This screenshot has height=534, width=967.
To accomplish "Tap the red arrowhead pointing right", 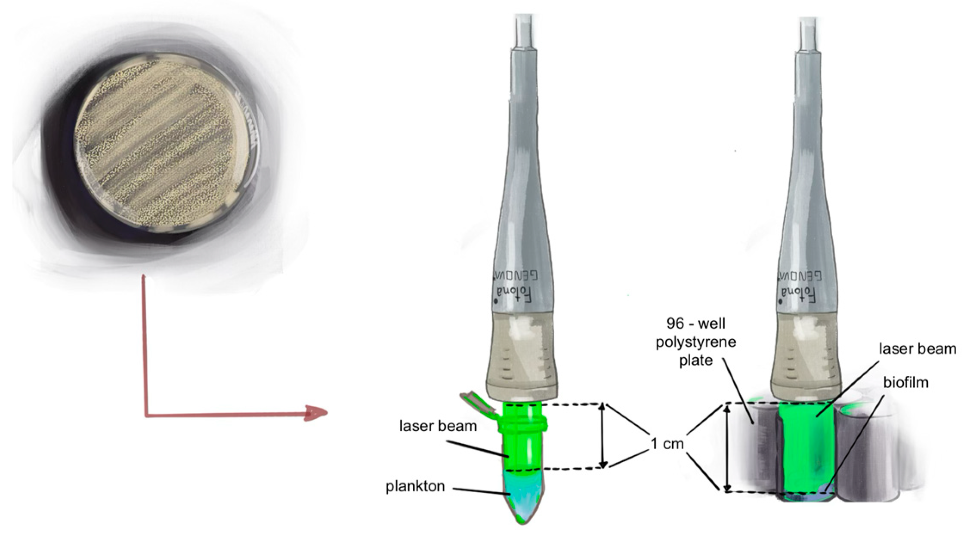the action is (316, 413).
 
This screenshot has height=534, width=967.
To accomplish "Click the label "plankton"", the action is (415, 486).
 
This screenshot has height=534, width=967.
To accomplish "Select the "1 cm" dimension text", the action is (667, 443).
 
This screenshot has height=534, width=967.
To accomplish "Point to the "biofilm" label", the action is (905, 382).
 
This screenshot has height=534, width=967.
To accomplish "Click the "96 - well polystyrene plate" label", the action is (695, 342).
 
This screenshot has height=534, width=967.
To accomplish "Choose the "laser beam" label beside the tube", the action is (438, 426).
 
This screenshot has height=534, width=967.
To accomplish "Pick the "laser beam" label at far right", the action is (917, 348).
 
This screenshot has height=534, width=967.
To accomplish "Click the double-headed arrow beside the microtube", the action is (603, 435).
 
